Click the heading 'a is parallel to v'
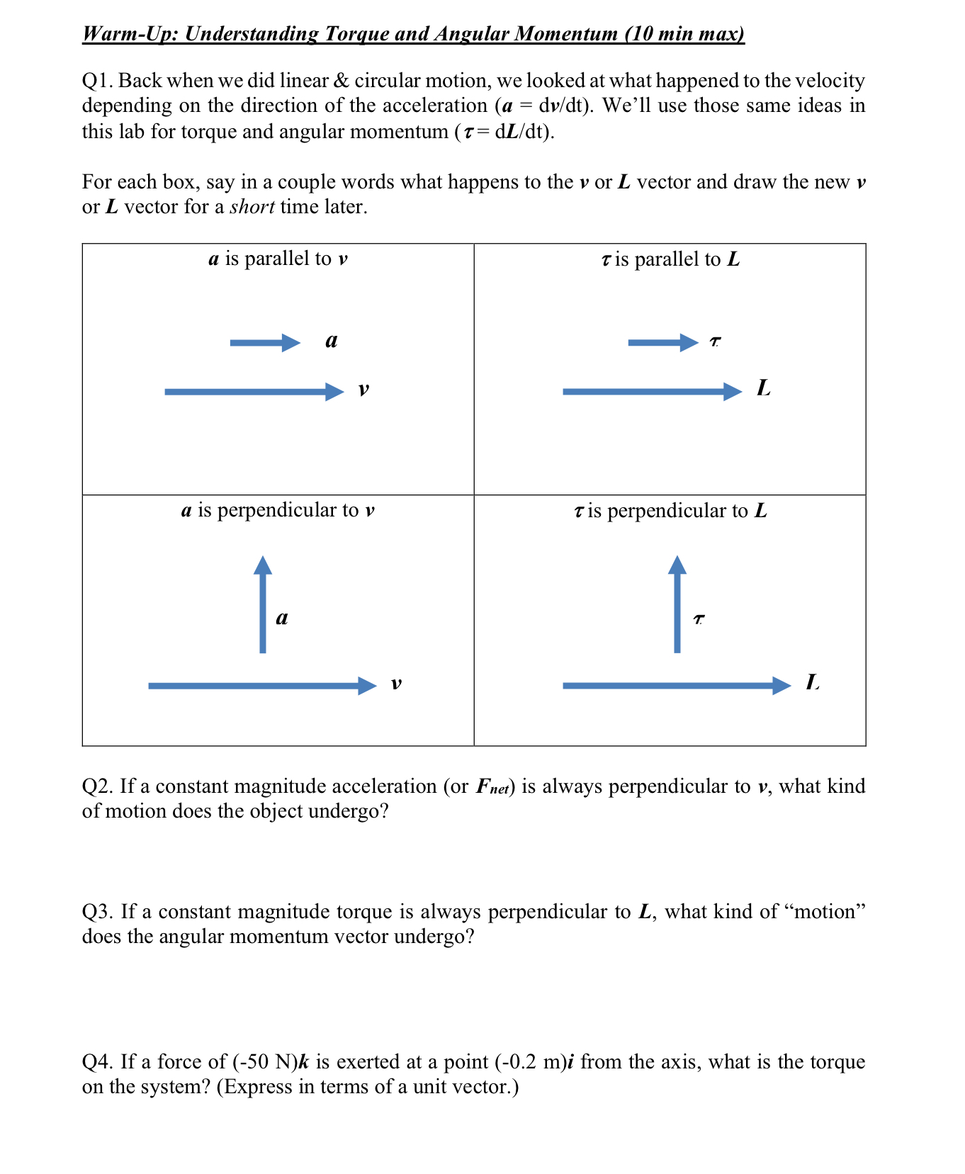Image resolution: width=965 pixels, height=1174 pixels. coord(278,259)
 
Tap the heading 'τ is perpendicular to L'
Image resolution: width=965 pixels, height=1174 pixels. coord(670,511)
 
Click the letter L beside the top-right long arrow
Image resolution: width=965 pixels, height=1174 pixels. coord(763,388)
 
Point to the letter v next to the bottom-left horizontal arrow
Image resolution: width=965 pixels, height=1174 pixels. coord(396,684)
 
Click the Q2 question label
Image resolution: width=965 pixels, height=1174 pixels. coord(97,786)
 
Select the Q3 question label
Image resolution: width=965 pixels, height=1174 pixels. coord(97,912)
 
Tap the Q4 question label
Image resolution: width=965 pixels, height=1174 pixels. coord(97,1062)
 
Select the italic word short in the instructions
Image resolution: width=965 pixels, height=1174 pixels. coord(252,208)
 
